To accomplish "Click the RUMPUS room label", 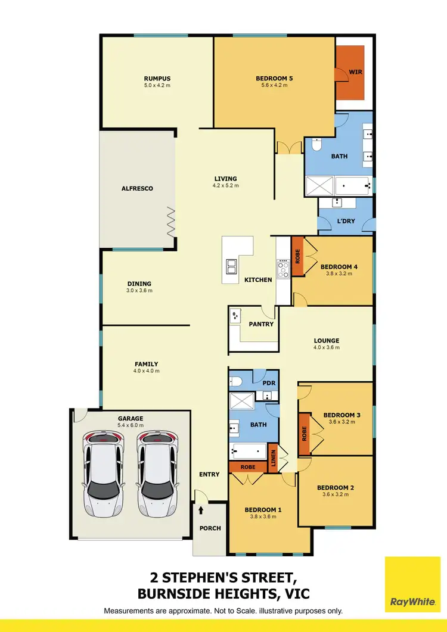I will (157, 78).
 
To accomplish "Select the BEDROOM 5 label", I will (274, 78).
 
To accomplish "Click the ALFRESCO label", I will (138, 188).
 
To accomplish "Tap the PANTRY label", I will (261, 324).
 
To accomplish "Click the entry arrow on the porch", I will (201, 510).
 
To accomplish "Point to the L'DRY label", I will (346, 221).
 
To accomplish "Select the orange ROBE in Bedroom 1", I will (248, 467).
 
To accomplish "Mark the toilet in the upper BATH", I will (317, 145).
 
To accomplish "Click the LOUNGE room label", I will (327, 341).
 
